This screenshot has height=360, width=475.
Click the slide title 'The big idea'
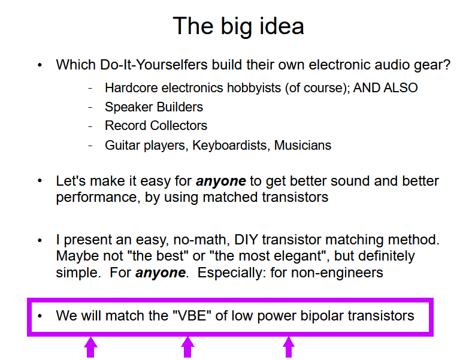[238, 27]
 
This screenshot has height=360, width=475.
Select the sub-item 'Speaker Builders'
[154, 107]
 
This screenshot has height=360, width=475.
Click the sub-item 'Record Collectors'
[156, 125]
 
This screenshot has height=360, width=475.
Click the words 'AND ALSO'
[385, 88]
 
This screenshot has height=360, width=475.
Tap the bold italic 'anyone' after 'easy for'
[221, 181]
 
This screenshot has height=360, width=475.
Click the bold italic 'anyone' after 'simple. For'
[161, 273]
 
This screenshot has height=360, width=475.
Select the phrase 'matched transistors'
[265, 197]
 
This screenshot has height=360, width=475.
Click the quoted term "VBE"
[192, 316]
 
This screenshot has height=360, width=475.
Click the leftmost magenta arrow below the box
[90, 347]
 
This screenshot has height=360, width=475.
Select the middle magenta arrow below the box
[187, 347]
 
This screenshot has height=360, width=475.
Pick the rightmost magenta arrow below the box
[288, 347]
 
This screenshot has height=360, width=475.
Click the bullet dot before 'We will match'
[40, 316]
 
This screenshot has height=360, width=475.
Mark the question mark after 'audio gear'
[447, 65]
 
